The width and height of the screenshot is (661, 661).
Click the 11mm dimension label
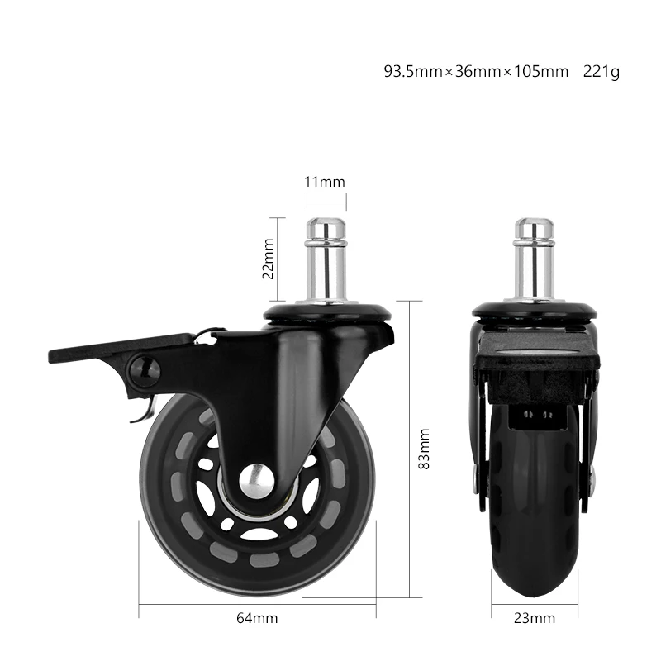point(325,182)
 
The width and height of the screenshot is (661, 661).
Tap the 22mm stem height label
point(268,259)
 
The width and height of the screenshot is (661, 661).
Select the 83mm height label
point(424,449)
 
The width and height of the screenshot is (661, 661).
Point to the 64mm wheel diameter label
point(257,618)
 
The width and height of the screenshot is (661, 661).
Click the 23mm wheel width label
point(535,618)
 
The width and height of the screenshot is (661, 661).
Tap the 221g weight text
point(602,72)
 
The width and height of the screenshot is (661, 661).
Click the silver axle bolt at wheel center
point(257,481)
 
